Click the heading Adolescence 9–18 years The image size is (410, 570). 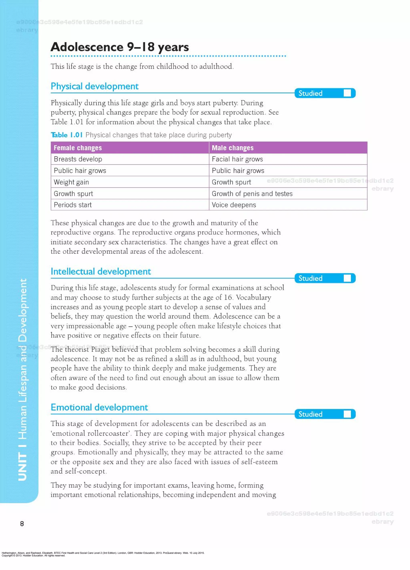coord(120,47)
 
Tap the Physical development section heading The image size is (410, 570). coord(94,86)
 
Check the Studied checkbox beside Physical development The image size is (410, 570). coord(347,93)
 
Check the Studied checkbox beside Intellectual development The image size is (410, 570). coord(347,278)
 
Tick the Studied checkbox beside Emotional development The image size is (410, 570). coord(347,414)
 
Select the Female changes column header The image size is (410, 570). coord(78,148)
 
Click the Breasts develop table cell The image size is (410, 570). coord(78,159)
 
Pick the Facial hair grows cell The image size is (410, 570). coord(237,159)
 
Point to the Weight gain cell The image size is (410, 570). coord(71,182)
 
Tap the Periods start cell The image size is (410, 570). coord(73,205)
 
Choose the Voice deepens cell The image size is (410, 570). coord(234,205)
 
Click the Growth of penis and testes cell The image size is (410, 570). coord(252,194)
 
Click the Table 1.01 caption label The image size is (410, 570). coord(67,135)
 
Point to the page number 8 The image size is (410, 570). coord(22,524)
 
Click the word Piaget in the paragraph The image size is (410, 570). coord(100,349)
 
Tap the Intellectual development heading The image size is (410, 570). coord(100,271)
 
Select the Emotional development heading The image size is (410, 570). coord(99,407)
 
